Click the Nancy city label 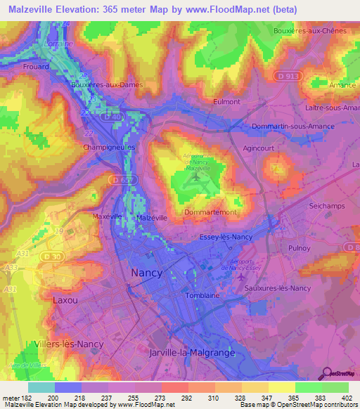pos(146,272)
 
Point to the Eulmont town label pos(226,101)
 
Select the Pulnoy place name pos(299,249)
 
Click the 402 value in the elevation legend pos(349,397)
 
